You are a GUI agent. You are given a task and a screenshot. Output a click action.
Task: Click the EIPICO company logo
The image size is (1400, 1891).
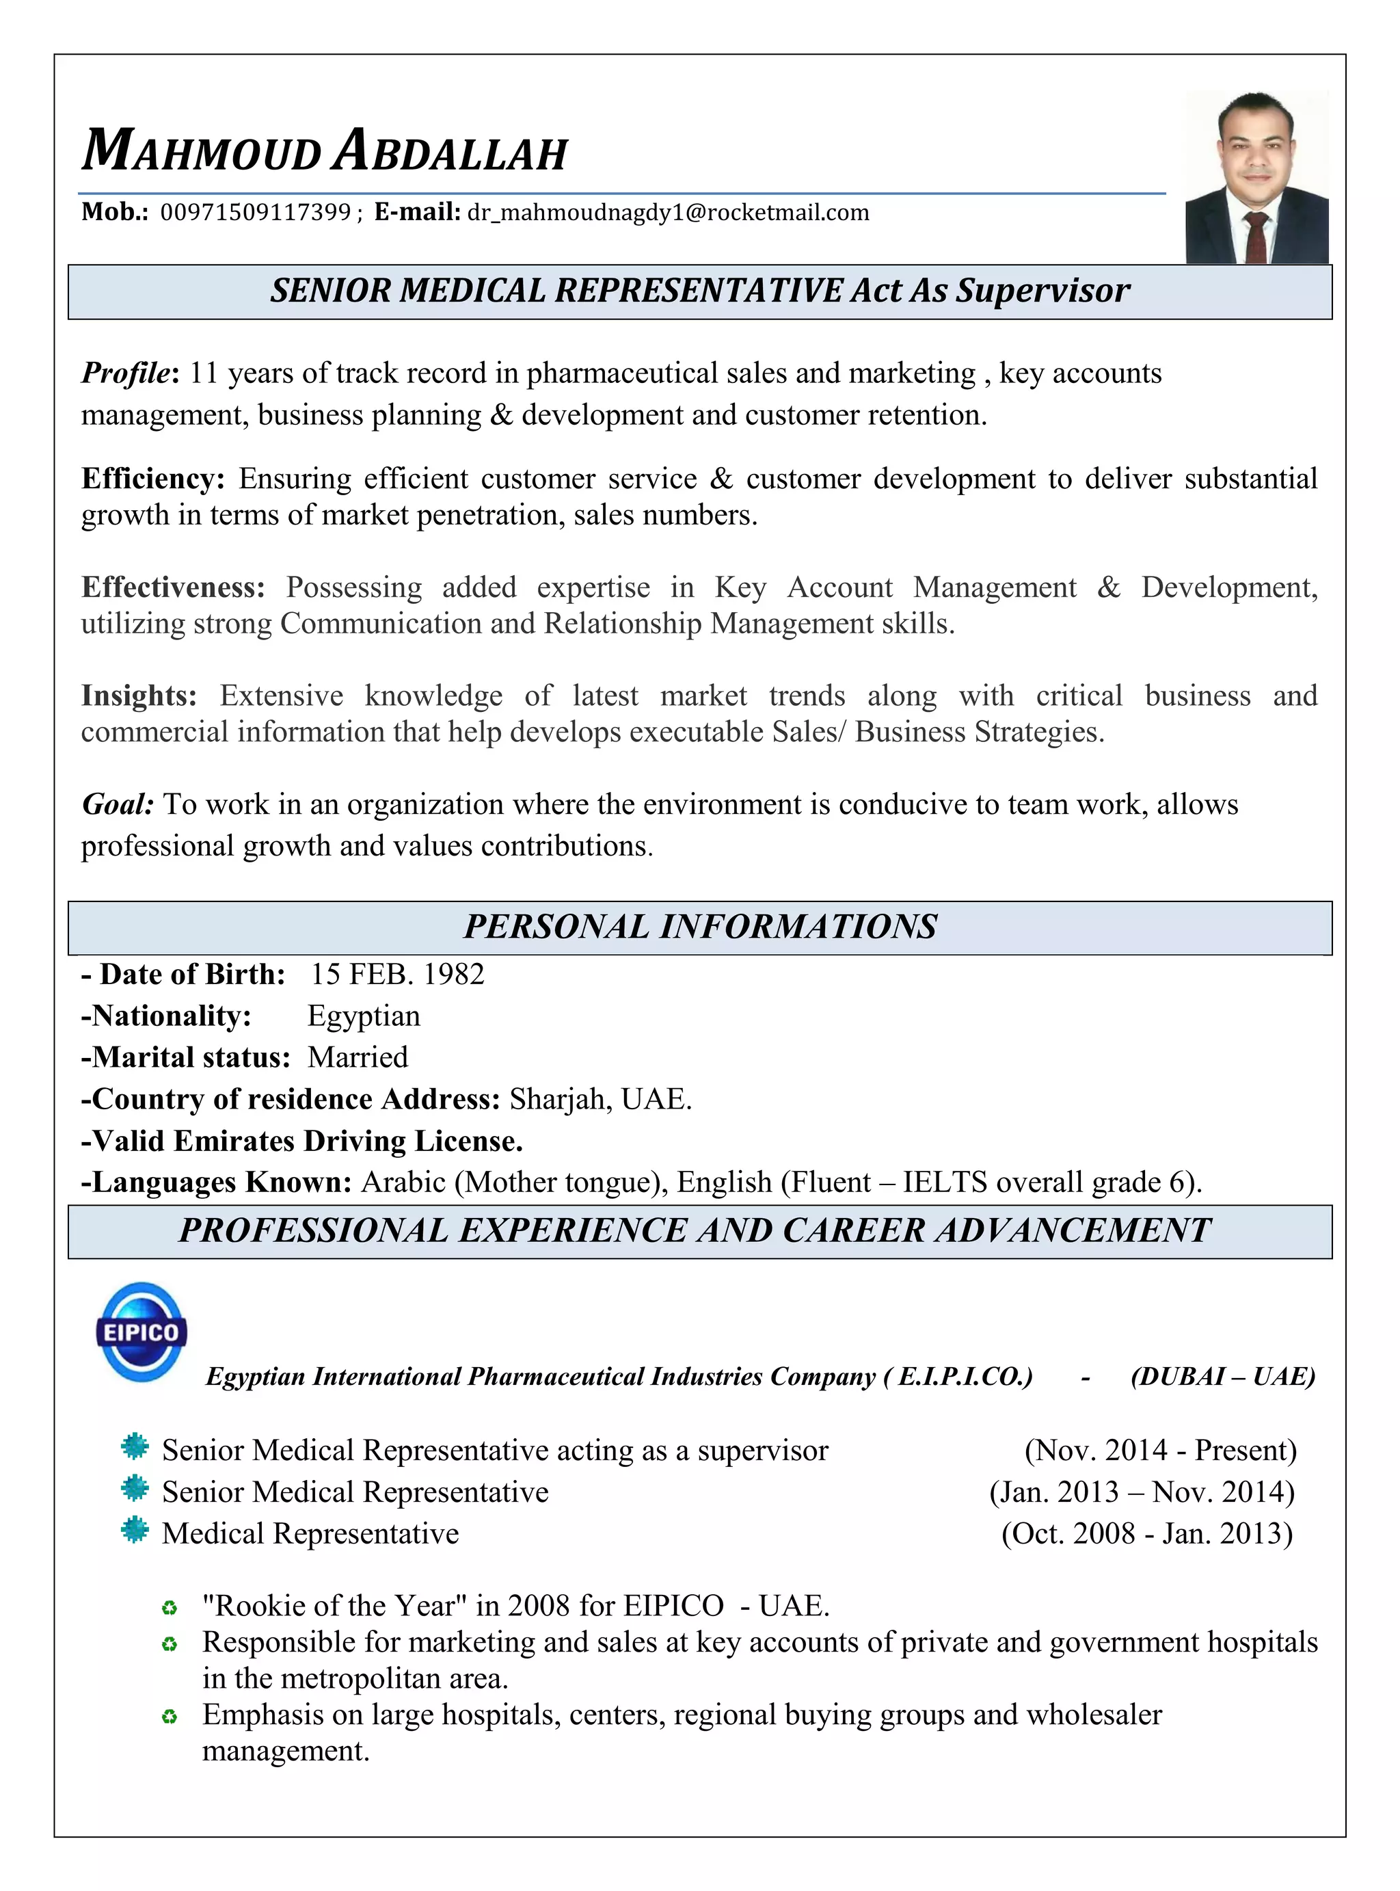pos(141,1331)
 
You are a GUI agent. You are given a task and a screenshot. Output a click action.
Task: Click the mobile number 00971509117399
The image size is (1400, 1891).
pos(255,212)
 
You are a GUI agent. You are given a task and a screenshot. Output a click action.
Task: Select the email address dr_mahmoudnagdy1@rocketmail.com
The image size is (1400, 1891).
pos(668,212)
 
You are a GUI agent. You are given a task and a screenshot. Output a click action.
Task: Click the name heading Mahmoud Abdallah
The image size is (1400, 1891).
pos(325,151)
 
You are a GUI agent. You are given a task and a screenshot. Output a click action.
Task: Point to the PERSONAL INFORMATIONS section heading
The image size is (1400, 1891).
pos(700,927)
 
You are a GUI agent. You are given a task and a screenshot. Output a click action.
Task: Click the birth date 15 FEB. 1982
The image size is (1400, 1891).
pos(396,974)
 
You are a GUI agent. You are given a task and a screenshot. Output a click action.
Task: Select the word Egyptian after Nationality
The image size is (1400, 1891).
pos(364,1016)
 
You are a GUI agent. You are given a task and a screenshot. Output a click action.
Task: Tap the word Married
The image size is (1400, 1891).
pos(358,1057)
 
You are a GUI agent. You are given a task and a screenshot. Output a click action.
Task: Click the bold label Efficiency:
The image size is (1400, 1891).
pos(152,479)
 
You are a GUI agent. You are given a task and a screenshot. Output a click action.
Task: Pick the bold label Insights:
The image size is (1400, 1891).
pos(139,696)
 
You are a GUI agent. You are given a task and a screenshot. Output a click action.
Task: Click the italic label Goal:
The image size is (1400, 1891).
pos(118,804)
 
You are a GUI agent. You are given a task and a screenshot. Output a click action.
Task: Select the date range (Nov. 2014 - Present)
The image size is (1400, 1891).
pos(1160,1451)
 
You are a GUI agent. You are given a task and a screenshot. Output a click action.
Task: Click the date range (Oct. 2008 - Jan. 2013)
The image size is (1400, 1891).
pos(1146,1533)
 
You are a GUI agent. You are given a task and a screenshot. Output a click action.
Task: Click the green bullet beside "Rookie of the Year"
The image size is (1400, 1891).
pos(170,1608)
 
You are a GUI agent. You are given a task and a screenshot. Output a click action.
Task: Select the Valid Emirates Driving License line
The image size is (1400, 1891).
pos(301,1141)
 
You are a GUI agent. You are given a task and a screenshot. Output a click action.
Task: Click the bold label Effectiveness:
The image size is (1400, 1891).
pos(173,587)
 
